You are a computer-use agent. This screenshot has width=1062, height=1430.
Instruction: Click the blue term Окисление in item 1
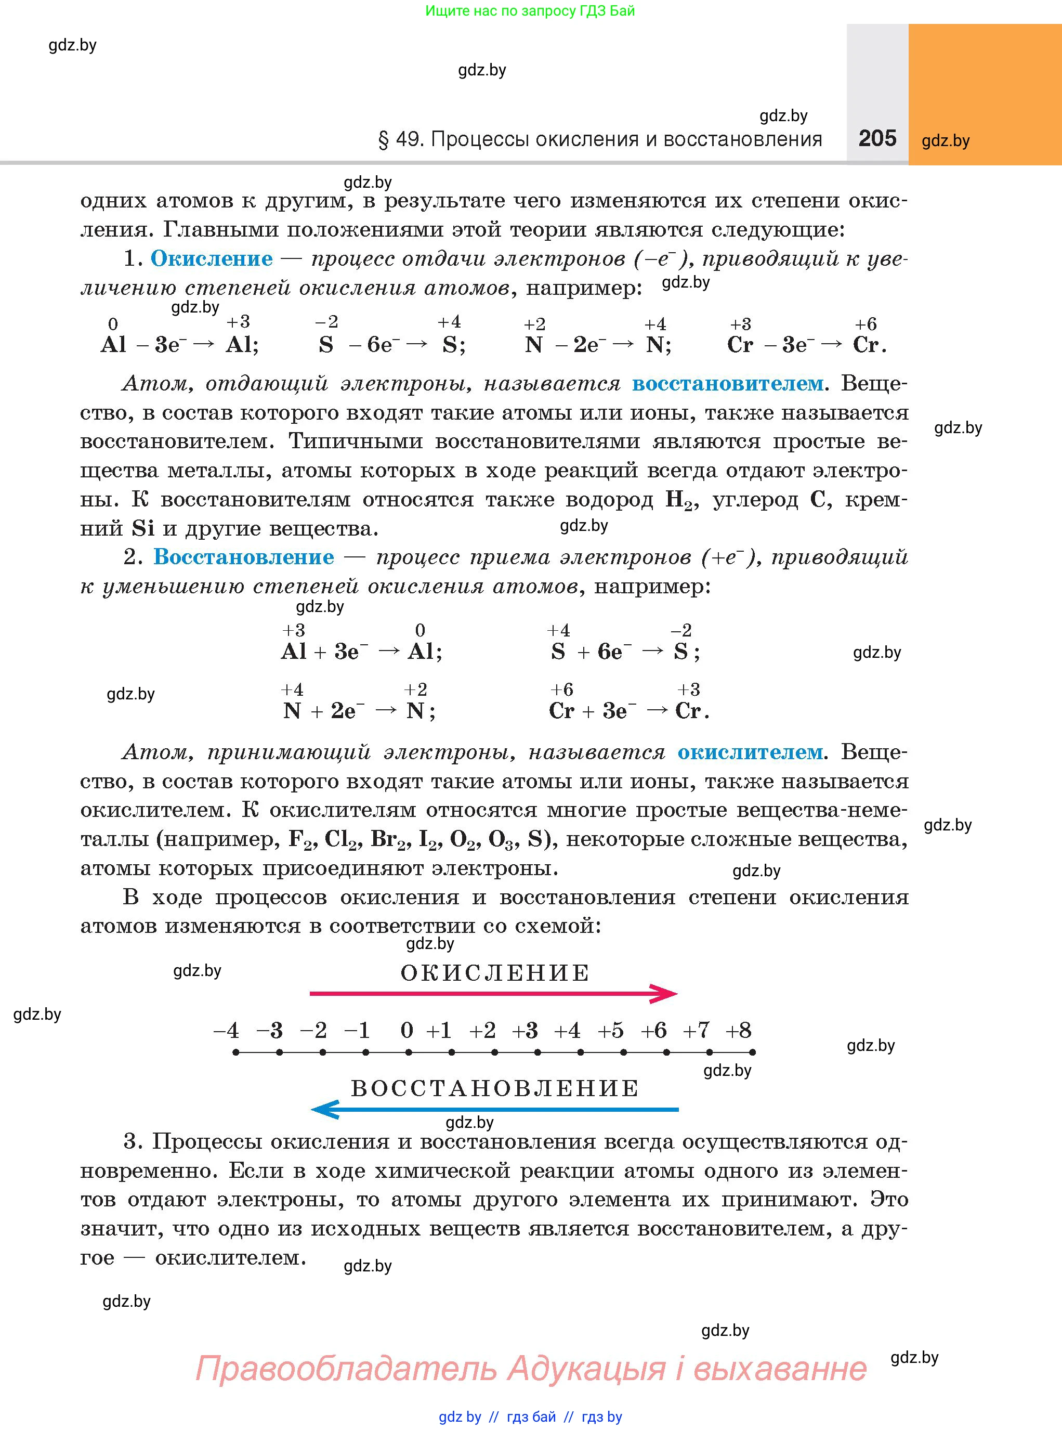click(212, 258)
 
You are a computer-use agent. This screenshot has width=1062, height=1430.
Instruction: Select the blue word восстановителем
click(727, 383)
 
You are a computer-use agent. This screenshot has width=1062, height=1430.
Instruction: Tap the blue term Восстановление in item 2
click(244, 557)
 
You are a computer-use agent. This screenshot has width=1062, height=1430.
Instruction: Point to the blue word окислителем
click(750, 751)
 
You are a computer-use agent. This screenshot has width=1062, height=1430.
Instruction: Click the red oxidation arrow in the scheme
click(493, 993)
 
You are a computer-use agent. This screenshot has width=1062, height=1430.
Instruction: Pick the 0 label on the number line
click(407, 1031)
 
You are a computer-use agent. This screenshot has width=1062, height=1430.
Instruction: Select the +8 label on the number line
click(738, 1031)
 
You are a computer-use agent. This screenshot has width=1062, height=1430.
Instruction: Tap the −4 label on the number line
click(226, 1031)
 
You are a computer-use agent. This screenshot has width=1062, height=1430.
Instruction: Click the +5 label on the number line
click(611, 1031)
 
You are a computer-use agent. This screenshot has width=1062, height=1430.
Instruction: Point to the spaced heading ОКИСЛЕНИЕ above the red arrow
click(495, 973)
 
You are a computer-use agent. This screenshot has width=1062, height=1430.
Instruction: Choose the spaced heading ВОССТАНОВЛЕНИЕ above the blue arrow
click(495, 1088)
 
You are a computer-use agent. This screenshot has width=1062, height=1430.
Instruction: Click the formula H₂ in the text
click(680, 500)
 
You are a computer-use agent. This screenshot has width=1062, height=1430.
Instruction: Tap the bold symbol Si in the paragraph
click(143, 528)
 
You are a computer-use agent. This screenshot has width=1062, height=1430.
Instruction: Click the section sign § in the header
click(384, 139)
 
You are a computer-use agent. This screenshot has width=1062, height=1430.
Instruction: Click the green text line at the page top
click(530, 11)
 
